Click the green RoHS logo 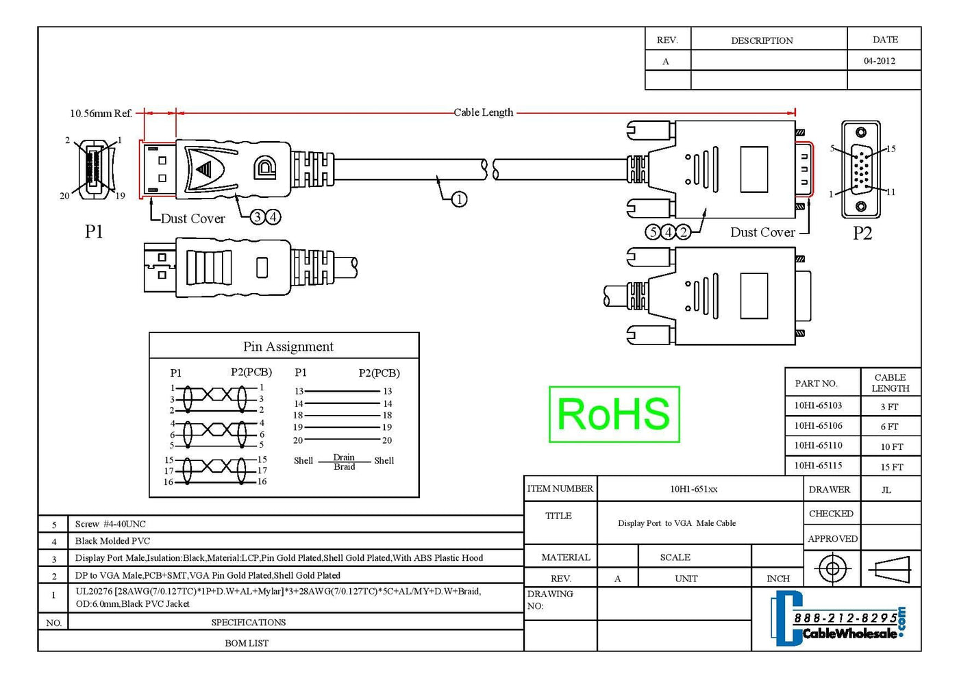614,414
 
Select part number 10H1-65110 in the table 818,445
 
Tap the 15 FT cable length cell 891,467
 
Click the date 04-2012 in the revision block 880,61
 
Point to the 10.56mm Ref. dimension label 101,113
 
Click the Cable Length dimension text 484,112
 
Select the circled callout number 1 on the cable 459,199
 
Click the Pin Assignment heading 288,347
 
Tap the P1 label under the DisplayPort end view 94,231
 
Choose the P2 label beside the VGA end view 862,234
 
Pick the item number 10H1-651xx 694,489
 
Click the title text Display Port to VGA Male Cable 677,523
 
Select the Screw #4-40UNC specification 110,524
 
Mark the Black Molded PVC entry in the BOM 112,541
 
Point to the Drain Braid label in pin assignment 344,462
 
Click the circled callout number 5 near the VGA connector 653,232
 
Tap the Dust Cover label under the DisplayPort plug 192,218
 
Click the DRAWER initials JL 886,490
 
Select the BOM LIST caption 247,643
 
